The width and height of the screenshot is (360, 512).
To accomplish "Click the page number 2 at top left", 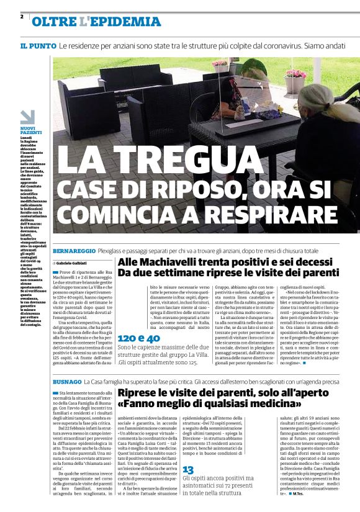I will click(x=22, y=16).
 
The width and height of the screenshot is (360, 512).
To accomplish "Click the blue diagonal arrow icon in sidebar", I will click(x=27, y=117).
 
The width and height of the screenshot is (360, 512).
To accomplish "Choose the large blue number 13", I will click(x=188, y=470).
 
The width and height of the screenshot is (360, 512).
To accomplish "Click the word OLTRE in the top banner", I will click(x=55, y=22).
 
